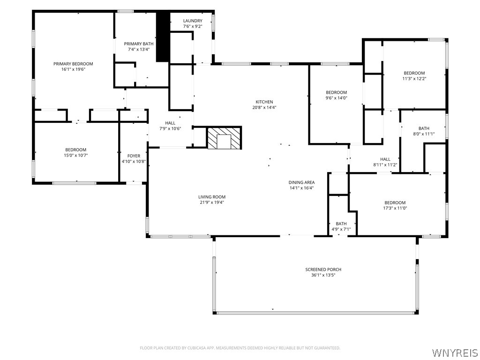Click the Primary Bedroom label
tap(73, 64)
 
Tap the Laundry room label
tap(193, 21)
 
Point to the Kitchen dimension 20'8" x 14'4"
tap(264, 107)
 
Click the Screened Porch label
tap(323, 270)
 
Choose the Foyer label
tap(134, 156)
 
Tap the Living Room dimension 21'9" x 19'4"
tap(212, 202)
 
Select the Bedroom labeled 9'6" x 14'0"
tap(336, 92)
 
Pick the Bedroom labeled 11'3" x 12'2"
tap(414, 73)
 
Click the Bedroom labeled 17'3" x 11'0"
tap(395, 202)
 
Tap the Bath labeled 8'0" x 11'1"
tap(424, 128)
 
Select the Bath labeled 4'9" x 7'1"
tap(341, 224)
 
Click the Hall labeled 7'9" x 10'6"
tap(170, 123)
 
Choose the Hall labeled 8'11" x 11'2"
tap(385, 159)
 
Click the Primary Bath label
tap(138, 44)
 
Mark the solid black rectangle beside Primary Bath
tap(162, 37)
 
